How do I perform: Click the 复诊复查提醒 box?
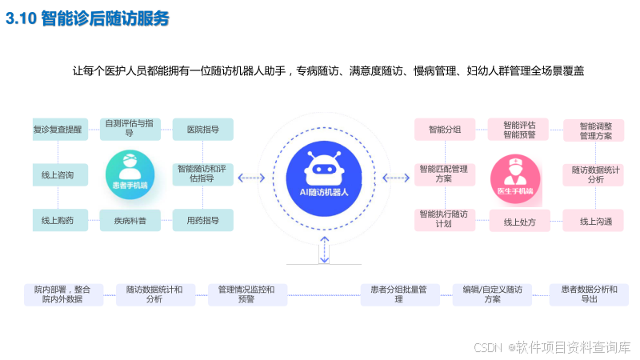(58, 129)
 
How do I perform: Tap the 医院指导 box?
(202, 129)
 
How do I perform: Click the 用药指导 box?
(202, 220)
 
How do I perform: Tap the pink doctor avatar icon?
(514, 174)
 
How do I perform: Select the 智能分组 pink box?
(444, 129)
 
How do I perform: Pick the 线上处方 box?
(519, 221)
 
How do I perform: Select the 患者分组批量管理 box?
(399, 294)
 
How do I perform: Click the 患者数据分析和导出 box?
(589, 294)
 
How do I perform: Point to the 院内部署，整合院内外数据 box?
(63, 294)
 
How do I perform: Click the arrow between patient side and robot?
(252, 177)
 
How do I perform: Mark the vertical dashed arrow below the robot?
(323, 250)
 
